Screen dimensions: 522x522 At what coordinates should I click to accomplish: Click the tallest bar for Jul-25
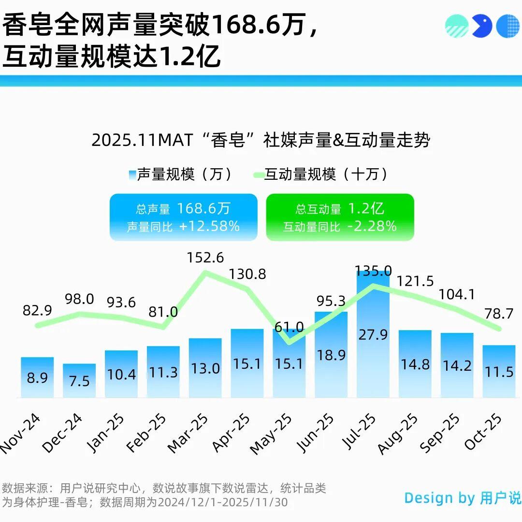coord(373,338)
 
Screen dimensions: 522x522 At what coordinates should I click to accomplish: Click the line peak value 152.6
coord(205,258)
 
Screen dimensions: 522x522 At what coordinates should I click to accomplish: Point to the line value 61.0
coord(289,328)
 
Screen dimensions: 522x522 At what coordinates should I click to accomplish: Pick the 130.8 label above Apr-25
coord(247,275)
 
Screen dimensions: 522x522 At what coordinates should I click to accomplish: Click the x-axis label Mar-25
coord(188,434)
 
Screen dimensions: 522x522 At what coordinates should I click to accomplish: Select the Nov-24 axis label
coord(20,434)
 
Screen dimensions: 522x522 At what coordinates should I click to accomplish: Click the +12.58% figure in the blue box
coord(209,226)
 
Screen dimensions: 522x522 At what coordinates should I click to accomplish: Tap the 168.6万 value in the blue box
coord(203,209)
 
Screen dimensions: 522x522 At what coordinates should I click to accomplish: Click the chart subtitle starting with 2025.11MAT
coord(261,141)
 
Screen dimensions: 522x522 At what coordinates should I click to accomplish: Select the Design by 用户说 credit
coord(463,498)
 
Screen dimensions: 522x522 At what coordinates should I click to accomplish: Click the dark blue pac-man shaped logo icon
coord(481,26)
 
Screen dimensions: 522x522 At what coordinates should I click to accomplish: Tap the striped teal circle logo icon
coord(457,26)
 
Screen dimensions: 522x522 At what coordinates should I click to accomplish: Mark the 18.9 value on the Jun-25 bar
coord(331,355)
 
